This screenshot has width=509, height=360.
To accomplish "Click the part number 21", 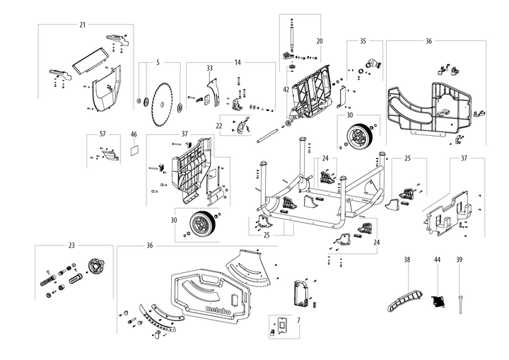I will pyautogui.click(x=82, y=25).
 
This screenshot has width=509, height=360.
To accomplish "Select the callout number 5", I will pyautogui.click(x=158, y=63).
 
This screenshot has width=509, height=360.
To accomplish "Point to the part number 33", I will pyautogui.click(x=209, y=68).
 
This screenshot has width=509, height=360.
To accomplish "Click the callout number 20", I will pyautogui.click(x=319, y=41).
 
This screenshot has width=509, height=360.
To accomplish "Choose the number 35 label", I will pyautogui.click(x=363, y=42).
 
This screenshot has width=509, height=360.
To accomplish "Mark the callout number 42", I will pyautogui.click(x=286, y=90).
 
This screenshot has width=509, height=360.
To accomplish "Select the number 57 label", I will pyautogui.click(x=103, y=134).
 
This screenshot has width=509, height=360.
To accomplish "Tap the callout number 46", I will pyautogui.click(x=134, y=134).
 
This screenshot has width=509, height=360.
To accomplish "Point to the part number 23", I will pyautogui.click(x=71, y=245).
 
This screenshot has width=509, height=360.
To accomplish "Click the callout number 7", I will pyautogui.click(x=298, y=320).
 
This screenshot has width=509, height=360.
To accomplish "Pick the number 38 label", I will pyautogui.click(x=407, y=260).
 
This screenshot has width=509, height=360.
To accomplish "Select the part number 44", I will pyautogui.click(x=437, y=260).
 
